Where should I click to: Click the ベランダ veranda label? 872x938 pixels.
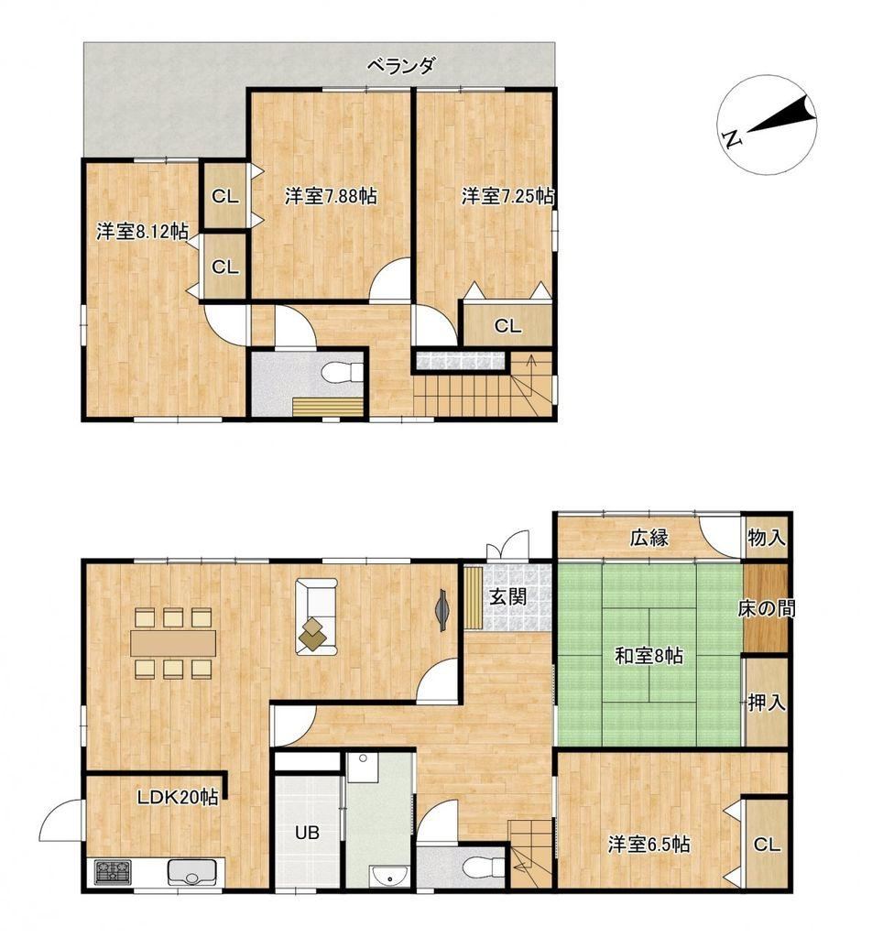[x=400, y=65]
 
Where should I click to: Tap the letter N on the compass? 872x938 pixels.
[x=732, y=139]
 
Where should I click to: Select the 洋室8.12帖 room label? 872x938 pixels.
[x=142, y=232]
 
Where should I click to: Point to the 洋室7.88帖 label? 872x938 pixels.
[x=330, y=196]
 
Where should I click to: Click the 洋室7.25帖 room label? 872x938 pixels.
[x=507, y=196]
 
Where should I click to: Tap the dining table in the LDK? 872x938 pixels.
[x=173, y=643]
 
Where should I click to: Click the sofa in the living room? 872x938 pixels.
[x=316, y=616]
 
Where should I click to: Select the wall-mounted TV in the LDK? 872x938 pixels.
[x=442, y=609]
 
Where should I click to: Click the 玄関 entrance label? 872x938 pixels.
[x=507, y=596]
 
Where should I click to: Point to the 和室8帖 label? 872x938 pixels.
[x=649, y=656]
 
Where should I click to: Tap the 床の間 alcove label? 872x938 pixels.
[x=766, y=609]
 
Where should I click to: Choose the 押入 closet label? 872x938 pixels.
[x=766, y=703]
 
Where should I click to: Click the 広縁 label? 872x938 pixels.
[x=649, y=538]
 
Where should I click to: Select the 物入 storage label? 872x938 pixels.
[x=766, y=538]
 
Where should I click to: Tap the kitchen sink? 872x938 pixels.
[x=191, y=872]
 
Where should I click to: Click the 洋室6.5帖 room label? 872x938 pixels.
[x=649, y=844]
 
